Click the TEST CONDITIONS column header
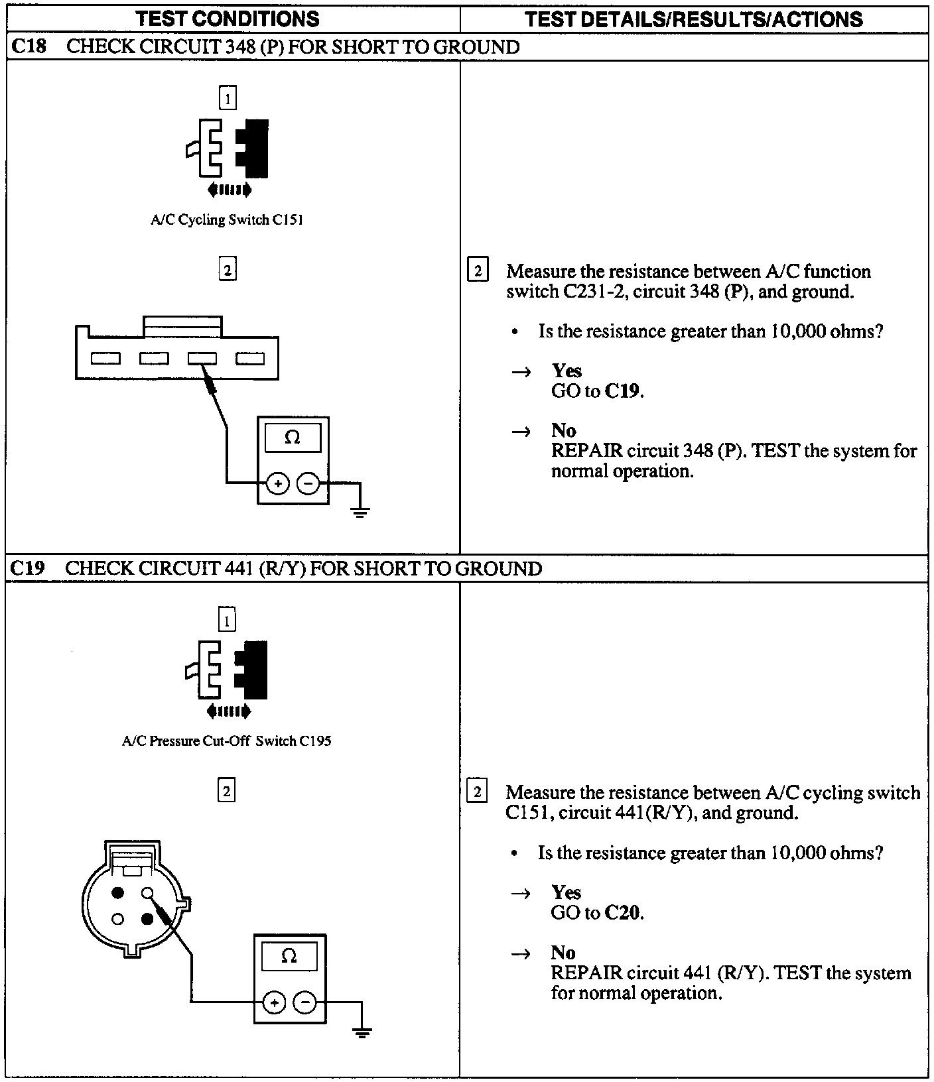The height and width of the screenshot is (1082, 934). [x=228, y=19]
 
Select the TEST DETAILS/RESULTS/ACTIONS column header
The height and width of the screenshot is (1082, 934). [x=694, y=19]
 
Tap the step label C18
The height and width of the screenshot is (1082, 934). [x=29, y=47]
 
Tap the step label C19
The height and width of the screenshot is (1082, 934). [x=29, y=568]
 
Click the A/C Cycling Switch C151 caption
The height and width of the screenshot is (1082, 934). [x=227, y=220]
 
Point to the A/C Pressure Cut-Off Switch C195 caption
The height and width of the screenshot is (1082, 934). [x=227, y=741]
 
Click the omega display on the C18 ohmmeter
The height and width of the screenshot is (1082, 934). [x=293, y=438]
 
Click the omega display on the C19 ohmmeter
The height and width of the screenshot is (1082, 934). [x=289, y=956]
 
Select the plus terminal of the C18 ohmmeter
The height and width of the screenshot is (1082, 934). [x=278, y=484]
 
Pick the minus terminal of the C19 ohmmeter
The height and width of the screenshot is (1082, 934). [x=305, y=1002]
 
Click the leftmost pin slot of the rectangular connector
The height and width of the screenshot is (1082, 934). [x=105, y=359]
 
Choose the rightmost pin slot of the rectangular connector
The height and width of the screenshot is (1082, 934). [x=251, y=359]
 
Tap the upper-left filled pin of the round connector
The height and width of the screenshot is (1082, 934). [x=119, y=893]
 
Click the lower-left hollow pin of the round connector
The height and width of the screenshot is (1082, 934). [x=119, y=919]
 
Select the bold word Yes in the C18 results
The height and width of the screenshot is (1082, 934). [x=567, y=371]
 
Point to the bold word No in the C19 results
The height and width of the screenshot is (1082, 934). [x=563, y=953]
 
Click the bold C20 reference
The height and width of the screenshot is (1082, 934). [x=623, y=913]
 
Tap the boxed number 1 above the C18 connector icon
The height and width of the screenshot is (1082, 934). [x=228, y=99]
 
